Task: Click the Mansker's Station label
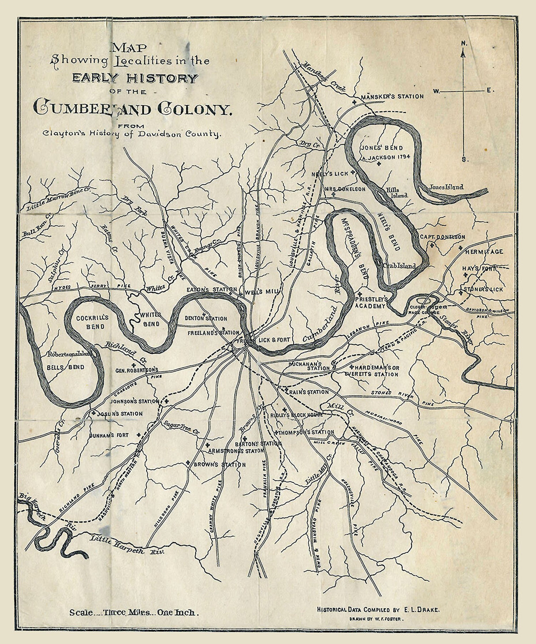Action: tap(392, 96)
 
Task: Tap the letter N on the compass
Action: tap(463, 43)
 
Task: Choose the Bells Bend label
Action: tap(65, 367)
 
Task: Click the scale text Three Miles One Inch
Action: tap(134, 613)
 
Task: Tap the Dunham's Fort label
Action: tap(108, 435)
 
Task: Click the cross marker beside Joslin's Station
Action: tap(94, 413)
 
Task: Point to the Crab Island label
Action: tap(399, 266)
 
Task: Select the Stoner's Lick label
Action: tap(483, 290)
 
